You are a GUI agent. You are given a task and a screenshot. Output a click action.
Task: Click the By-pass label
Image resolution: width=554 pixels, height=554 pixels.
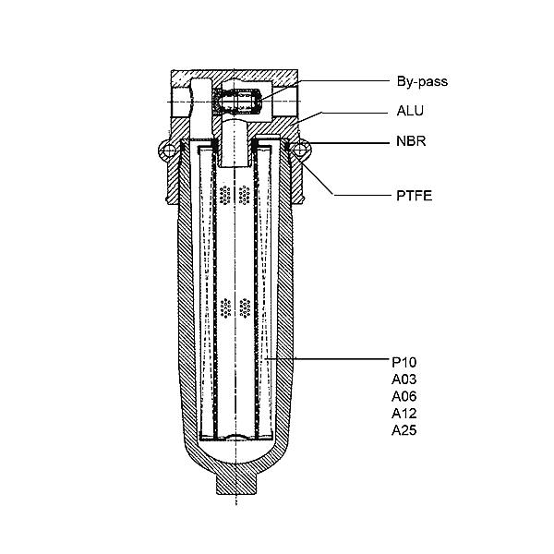[x=422, y=81]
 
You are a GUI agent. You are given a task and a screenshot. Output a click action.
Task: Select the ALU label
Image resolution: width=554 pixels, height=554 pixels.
[x=410, y=111]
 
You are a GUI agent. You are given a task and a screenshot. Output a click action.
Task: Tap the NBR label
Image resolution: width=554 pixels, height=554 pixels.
[x=411, y=141]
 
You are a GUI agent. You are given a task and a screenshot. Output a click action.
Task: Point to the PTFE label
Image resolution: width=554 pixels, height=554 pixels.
[x=414, y=196]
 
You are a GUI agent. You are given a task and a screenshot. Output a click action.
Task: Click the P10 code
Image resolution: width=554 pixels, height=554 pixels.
[x=404, y=362]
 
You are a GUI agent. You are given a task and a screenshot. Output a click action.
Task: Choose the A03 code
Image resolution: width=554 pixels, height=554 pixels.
[x=404, y=379]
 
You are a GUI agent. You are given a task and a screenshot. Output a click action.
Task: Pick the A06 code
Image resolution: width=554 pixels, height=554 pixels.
[x=404, y=396]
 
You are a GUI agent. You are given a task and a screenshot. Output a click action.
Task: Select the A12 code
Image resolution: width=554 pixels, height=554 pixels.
[x=404, y=413]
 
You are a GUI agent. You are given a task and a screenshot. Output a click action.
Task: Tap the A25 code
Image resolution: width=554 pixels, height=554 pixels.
[x=404, y=430]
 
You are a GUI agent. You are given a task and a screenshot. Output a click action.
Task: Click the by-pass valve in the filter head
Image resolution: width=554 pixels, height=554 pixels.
[x=237, y=102]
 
